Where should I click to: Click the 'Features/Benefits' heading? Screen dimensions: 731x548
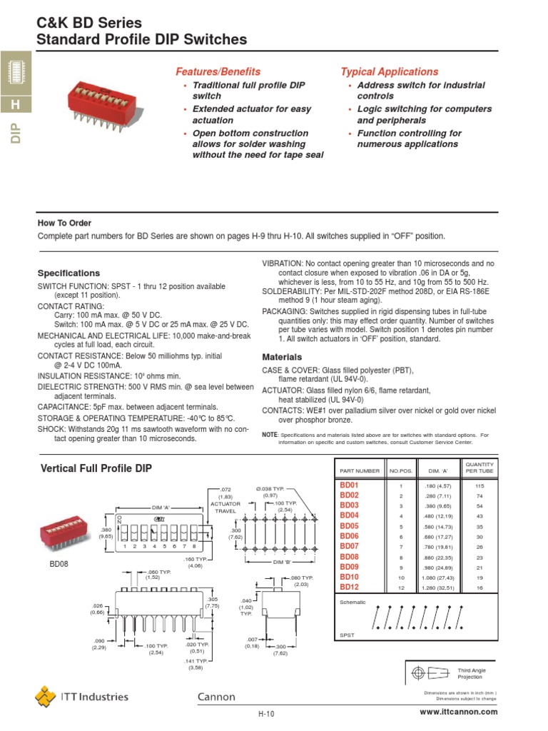point(218,71)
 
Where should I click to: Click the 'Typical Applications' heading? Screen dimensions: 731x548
point(389,71)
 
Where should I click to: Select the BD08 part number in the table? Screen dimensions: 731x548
point(349,556)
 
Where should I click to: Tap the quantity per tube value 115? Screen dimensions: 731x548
point(479,485)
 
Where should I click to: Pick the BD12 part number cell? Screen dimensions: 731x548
point(349,587)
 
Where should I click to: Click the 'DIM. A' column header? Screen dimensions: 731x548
point(436,471)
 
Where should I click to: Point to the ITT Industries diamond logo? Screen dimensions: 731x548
point(46,696)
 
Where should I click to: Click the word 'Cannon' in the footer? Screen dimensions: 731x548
point(216,697)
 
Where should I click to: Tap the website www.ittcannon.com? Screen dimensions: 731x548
point(459,712)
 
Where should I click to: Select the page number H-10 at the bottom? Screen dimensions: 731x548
point(266,713)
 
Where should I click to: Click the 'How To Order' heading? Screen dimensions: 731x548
point(64,223)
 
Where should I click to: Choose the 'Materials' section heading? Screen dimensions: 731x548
point(283,356)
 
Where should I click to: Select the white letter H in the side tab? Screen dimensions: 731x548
point(16,106)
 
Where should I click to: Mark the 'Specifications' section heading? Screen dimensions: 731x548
point(68,273)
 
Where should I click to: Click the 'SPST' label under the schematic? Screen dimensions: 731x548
point(347,635)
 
